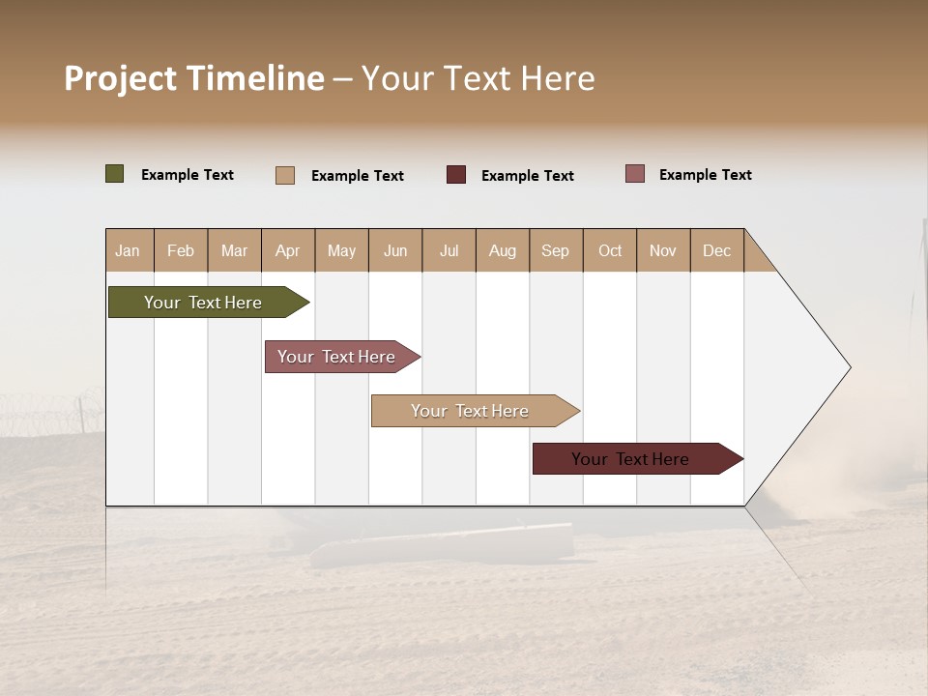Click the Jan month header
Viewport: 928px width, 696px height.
129,250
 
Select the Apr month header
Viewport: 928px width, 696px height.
288,250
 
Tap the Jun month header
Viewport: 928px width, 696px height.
395,250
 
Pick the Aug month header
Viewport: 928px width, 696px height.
503,250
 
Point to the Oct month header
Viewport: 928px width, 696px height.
610,250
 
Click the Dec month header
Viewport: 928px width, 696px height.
717,250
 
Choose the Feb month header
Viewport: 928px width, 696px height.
181,250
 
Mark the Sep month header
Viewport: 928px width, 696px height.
556,250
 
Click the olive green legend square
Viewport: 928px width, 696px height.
115,174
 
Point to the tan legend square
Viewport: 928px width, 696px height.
285,175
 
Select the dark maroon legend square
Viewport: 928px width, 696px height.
456,175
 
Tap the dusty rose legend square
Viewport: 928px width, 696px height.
635,174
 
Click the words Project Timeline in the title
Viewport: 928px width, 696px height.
194,78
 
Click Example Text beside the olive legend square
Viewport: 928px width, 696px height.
188,175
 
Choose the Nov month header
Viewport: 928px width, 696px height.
663,250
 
